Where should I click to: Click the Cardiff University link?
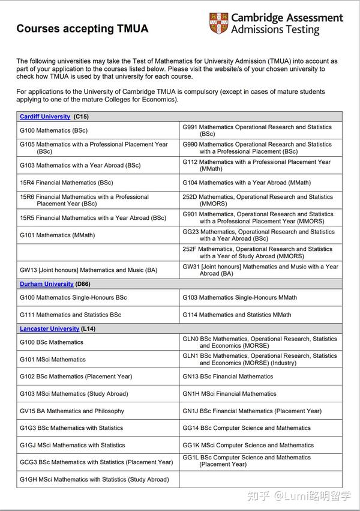pyautogui.click(x=44, y=116)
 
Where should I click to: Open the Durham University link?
pyautogui.click(x=46, y=284)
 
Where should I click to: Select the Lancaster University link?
pyautogui.click(x=49, y=329)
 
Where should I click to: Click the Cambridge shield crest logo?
pyautogui.click(x=218, y=23)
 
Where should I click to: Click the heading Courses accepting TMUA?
pyautogui.click(x=82, y=28)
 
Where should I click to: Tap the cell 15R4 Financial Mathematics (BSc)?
pyautogui.click(x=66, y=183)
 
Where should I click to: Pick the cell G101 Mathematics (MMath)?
pyautogui.click(x=57, y=235)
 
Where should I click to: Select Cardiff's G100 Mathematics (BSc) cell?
pyautogui.click(x=53, y=130)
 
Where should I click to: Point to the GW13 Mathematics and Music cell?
pyautogui.click(x=88, y=270)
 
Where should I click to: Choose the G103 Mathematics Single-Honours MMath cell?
pyautogui.click(x=239, y=298)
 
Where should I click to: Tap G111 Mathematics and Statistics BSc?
pyautogui.click(x=70, y=315)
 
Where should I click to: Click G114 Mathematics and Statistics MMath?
pyautogui.click(x=236, y=315)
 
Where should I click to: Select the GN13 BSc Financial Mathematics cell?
pyautogui.click(x=227, y=376)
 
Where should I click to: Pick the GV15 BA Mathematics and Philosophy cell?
pyautogui.click(x=72, y=411)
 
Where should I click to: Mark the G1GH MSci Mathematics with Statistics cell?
pyautogui.click(x=94, y=480)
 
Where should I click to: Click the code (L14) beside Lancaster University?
pyautogui.click(x=88, y=329)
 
